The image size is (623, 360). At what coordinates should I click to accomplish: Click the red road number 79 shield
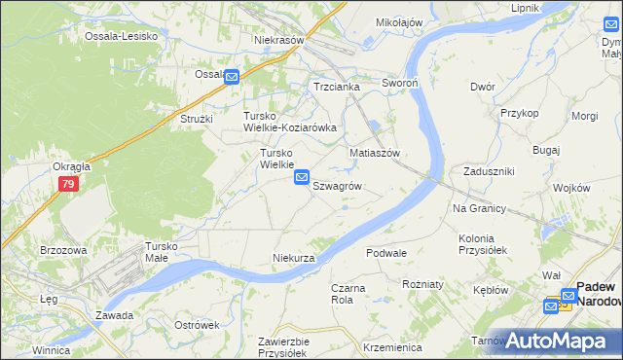pyautogui.click(x=68, y=184)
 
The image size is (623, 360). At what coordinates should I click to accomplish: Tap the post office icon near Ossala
pyautogui.click(x=232, y=77)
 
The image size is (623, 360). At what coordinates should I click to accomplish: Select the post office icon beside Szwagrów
pyautogui.click(x=302, y=178)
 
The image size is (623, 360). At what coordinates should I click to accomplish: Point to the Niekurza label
pyautogui.click(x=293, y=258)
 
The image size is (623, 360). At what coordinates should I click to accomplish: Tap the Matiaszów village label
pyautogui.click(x=376, y=154)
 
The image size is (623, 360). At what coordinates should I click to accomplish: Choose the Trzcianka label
pyautogui.click(x=337, y=87)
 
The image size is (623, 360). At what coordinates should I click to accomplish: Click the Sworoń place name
pyautogui.click(x=400, y=85)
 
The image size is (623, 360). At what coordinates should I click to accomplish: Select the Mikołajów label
pyautogui.click(x=399, y=22)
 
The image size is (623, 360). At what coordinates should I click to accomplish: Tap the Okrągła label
pyautogui.click(x=71, y=166)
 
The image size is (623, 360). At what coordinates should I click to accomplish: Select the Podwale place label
pyautogui.click(x=386, y=253)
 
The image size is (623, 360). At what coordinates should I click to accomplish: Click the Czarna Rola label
pyautogui.click(x=342, y=294)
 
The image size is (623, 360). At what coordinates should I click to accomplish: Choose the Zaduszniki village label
pyautogui.click(x=489, y=171)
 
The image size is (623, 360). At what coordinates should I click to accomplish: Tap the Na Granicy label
pyautogui.click(x=479, y=209)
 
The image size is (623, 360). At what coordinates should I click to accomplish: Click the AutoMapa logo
pyautogui.click(x=557, y=341)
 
